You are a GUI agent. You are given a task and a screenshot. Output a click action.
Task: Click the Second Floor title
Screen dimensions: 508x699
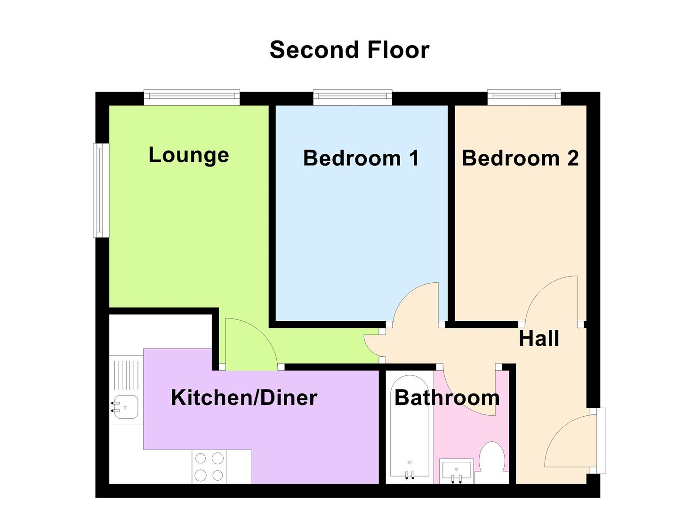(349, 50)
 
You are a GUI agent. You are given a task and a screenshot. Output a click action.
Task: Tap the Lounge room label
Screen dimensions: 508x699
(189, 155)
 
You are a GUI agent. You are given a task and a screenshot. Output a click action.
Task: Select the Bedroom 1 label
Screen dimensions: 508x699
(361, 158)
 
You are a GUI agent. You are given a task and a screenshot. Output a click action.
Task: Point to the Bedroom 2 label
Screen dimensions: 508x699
(520, 158)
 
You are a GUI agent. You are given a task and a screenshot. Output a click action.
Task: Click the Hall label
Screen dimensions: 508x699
(539, 339)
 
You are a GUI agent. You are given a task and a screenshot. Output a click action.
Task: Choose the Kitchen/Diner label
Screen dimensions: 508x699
(244, 398)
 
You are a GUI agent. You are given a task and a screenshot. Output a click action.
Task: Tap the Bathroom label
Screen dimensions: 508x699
(447, 398)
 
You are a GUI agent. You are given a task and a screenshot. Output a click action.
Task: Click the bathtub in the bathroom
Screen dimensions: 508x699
(410, 428)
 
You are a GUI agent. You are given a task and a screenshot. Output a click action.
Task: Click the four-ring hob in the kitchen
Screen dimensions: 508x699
(209, 467)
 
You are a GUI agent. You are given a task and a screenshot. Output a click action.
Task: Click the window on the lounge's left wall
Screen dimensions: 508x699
(101, 190)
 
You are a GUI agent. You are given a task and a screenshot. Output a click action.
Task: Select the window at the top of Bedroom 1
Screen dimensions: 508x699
(353, 97)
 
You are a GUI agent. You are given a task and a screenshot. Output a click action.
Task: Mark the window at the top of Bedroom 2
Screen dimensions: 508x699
(524, 97)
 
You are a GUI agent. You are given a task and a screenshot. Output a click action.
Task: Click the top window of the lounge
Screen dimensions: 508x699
(192, 97)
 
